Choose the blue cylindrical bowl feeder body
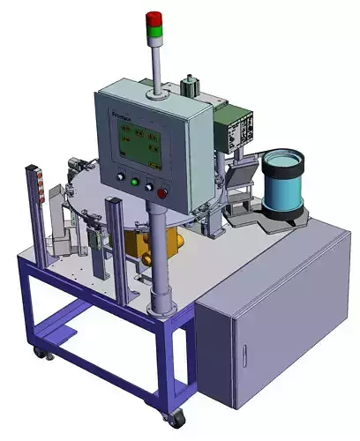click(282, 191)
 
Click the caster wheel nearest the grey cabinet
click(177, 415)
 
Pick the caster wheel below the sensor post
click(39, 353)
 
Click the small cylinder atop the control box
click(187, 88)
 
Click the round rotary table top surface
click(106, 190)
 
